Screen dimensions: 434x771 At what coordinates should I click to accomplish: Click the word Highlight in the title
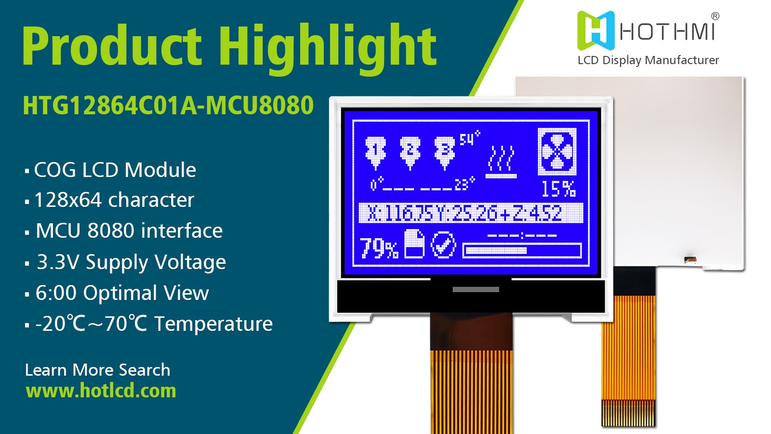coord(328,47)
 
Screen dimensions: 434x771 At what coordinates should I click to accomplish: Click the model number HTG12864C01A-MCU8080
coord(168,106)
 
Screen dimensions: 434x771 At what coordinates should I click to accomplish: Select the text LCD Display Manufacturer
coord(648,60)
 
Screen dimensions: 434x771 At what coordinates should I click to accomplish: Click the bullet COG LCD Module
coord(115,170)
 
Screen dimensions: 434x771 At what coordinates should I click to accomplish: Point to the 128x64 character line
coord(114,200)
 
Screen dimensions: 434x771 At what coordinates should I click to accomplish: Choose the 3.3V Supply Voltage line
coord(131,262)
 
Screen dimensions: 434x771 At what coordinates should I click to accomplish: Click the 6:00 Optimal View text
coord(122,293)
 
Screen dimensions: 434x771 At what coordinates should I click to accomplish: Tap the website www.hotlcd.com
coord(101,391)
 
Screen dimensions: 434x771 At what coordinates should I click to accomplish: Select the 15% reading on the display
coord(558,189)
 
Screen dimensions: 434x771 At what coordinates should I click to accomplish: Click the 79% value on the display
coord(379,248)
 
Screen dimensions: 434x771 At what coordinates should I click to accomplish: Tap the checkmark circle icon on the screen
coord(443,245)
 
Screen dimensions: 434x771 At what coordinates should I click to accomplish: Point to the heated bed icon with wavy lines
coord(501,162)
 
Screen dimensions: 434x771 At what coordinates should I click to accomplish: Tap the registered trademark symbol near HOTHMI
coord(715,16)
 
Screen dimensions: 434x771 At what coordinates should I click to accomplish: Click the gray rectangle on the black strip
coord(476,289)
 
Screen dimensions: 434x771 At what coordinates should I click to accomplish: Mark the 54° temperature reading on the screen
coord(469,139)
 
